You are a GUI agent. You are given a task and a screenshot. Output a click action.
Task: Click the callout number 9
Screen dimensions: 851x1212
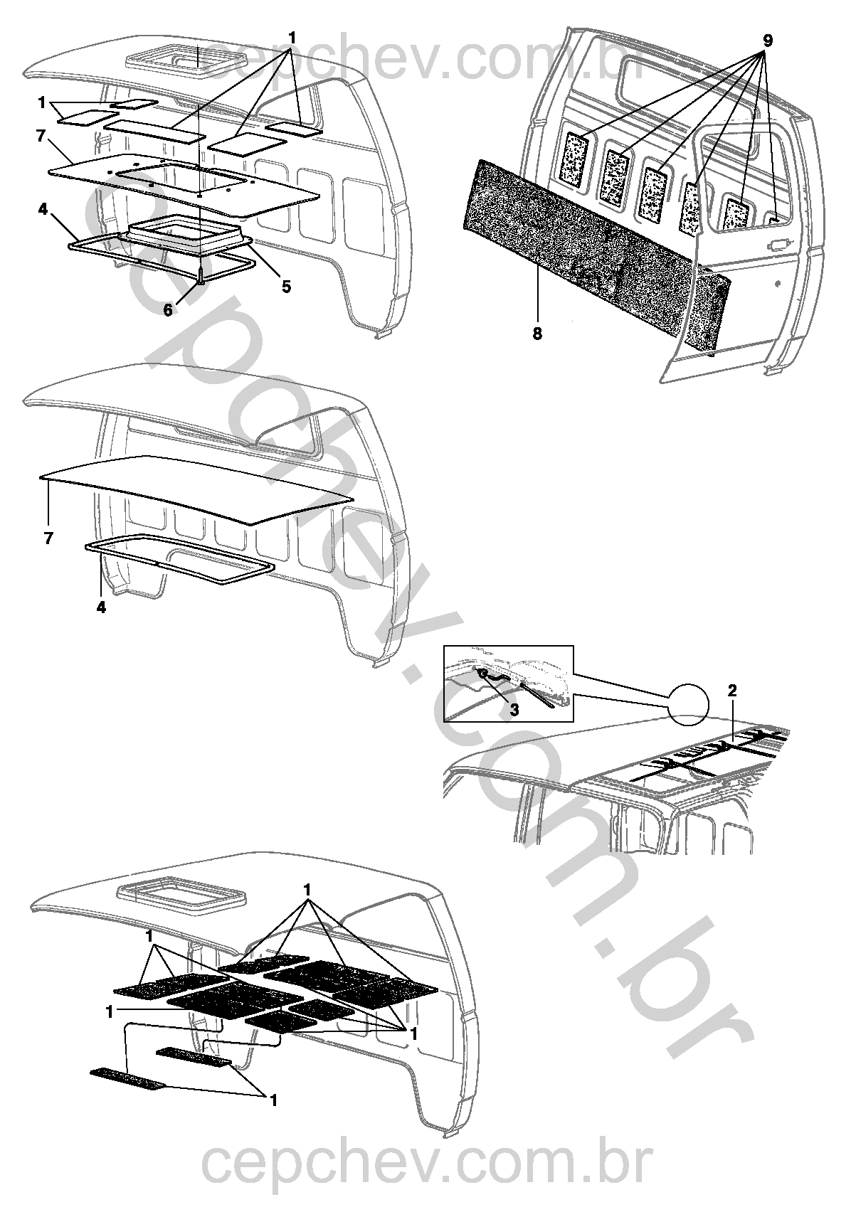[x=767, y=41]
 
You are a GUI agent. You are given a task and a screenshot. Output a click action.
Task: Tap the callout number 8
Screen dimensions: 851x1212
[x=536, y=334]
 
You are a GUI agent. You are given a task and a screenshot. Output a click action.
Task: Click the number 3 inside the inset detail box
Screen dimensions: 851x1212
[x=514, y=709]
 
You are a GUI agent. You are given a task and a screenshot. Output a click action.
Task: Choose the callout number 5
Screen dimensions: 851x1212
[x=286, y=286]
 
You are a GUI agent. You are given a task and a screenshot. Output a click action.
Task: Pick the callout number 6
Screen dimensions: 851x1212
[x=169, y=311]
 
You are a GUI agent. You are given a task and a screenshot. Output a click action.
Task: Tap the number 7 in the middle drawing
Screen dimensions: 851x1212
[x=48, y=539]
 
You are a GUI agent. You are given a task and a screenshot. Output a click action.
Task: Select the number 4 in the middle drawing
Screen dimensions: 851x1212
[x=101, y=607]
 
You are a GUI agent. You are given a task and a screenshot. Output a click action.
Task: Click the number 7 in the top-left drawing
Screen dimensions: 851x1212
[x=41, y=136]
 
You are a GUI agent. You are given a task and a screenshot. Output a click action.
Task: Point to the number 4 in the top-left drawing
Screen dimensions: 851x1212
[x=43, y=209]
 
